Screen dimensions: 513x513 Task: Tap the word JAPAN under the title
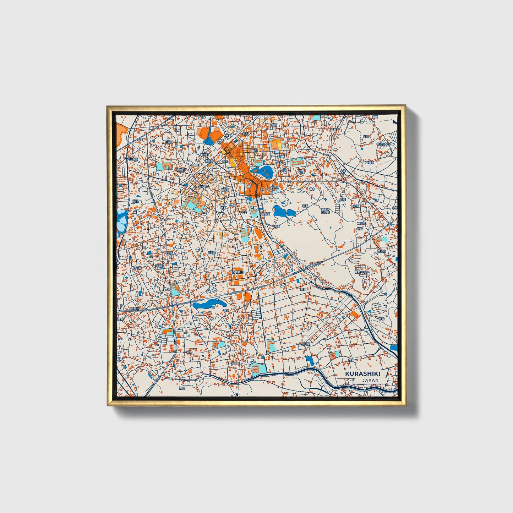[370, 380]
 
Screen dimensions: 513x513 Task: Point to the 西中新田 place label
[238, 272]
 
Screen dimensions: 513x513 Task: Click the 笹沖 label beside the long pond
[226, 310]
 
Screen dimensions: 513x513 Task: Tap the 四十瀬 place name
[137, 268]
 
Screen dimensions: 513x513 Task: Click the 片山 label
[366, 136]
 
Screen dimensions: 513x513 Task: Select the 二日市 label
[361, 223]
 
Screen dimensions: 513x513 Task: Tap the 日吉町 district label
[168, 142]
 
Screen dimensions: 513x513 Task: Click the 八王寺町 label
[132, 159]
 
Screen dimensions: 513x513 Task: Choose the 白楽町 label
[212, 252]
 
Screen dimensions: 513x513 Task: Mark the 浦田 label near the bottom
[182, 388]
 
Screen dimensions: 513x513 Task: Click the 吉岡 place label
[234, 364]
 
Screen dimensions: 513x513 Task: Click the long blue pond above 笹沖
[209, 304]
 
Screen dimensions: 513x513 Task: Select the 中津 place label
[342, 171]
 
